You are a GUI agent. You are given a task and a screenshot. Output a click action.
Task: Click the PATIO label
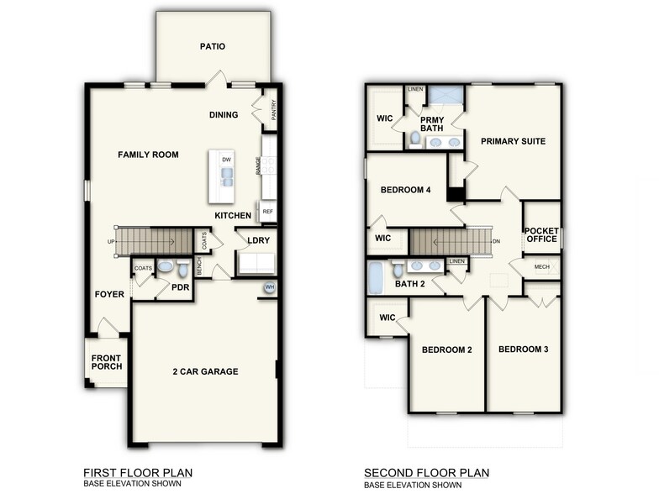coord(213,47)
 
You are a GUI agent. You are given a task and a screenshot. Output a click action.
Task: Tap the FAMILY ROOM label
coord(148,155)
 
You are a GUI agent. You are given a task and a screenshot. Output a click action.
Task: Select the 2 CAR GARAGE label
coord(205,371)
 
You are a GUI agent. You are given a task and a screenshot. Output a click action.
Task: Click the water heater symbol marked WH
coord(270,287)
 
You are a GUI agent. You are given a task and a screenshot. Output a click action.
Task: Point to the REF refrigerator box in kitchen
coord(268,212)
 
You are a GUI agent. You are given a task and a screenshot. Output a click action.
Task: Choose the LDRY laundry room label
coord(258,240)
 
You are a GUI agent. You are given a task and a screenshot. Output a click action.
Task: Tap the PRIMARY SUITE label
coord(513,141)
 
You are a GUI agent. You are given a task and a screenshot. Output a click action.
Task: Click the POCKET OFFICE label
coord(541,234)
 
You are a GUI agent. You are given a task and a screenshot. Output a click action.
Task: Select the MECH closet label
coord(541,267)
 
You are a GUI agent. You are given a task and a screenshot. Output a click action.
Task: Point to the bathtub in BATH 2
coord(376,277)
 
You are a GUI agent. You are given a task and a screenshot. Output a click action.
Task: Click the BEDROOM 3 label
coord(523,349)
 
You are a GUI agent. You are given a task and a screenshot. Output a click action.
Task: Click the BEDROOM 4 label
coord(405,190)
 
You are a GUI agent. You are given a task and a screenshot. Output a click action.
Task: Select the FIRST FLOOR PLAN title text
coord(138,473)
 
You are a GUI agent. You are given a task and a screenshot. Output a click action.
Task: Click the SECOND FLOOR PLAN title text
coord(426,473)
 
